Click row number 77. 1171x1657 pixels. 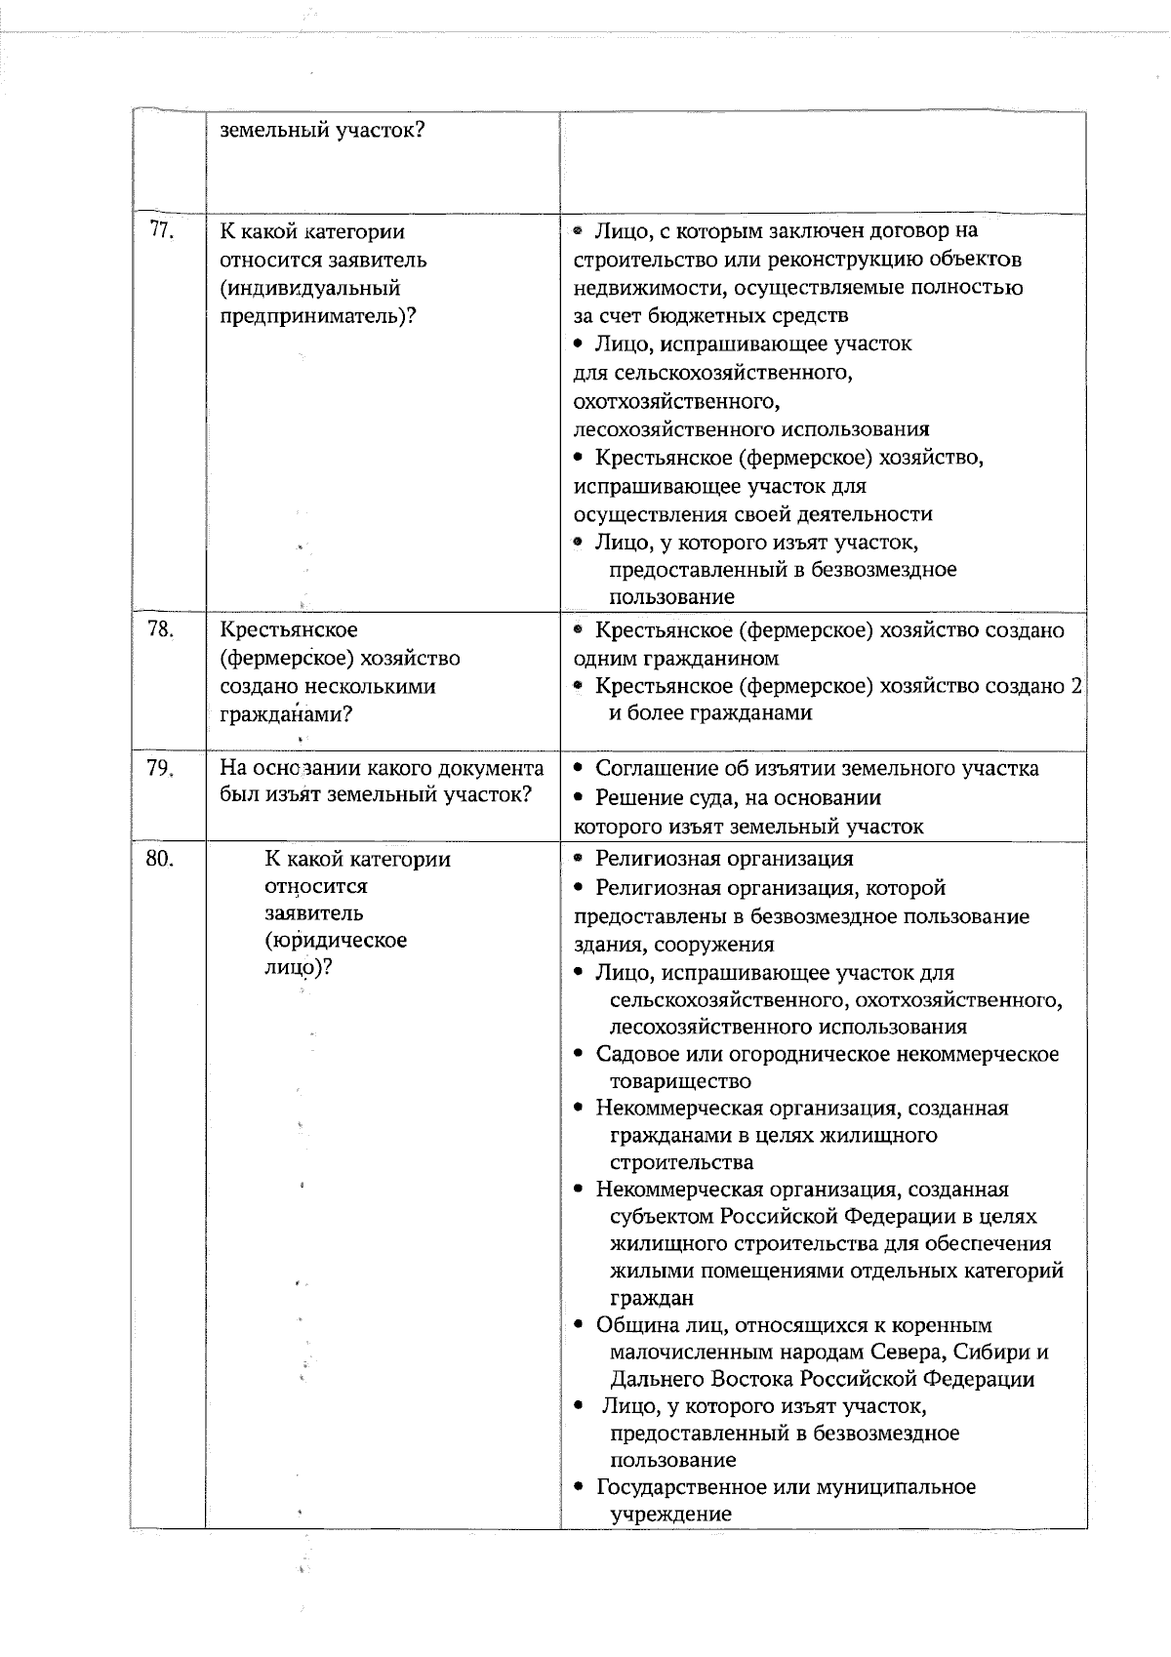[161, 231]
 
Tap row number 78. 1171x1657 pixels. [161, 630]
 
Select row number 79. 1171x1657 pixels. [161, 768]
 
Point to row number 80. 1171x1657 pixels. [161, 859]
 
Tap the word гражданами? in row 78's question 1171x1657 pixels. [286, 714]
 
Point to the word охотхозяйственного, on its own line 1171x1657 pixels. [676, 401]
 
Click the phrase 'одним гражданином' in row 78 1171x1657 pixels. [675, 659]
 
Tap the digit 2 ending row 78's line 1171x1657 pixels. [1075, 686]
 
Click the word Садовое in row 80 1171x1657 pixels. [635, 1054]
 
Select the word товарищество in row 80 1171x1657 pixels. [680, 1081]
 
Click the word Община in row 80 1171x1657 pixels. [632, 1325]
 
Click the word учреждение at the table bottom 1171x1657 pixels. [670, 1515]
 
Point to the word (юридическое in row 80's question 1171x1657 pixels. [336, 941]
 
